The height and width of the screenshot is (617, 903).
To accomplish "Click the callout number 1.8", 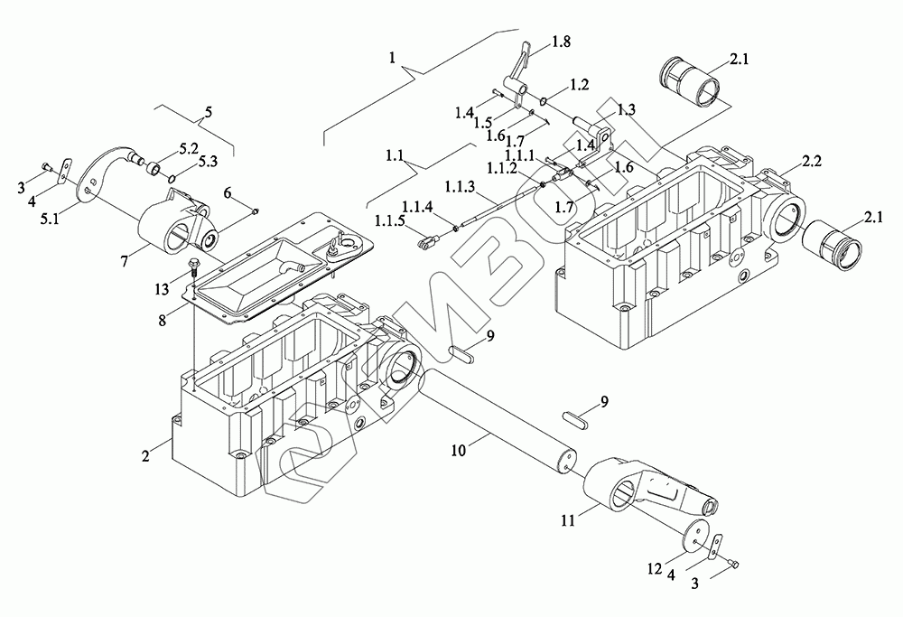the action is click(561, 42).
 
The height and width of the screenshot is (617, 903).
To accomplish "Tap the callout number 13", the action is click(162, 288).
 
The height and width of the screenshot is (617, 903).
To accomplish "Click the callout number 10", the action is click(458, 450).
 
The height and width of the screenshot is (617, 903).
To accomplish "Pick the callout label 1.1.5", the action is click(391, 220).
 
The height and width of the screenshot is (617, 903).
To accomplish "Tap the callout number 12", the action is click(655, 569).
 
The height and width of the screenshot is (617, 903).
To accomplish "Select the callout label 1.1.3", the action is click(461, 187).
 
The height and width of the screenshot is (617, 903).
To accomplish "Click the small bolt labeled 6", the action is click(256, 212).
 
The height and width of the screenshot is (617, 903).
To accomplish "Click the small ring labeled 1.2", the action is click(544, 101).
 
